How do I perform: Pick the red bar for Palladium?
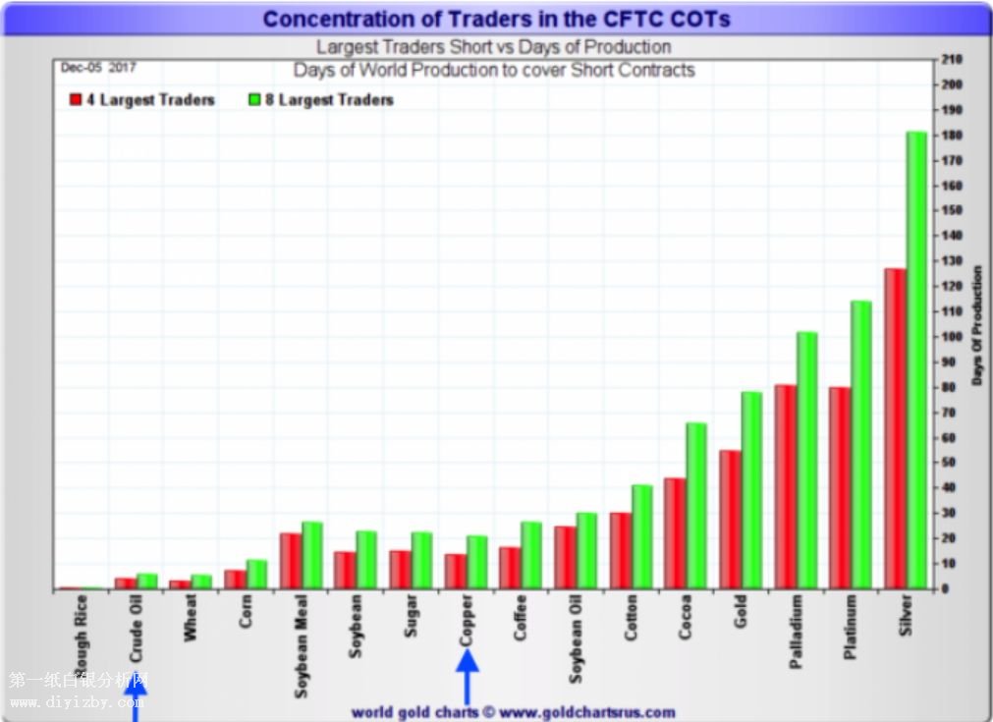coord(785,486)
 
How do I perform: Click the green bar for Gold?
coord(751,490)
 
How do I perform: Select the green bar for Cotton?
coord(641,536)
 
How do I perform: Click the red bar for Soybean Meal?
coord(290,561)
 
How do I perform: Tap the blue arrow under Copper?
coord(468,677)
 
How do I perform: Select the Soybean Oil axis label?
coord(576,639)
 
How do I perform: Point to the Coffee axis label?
coord(521,618)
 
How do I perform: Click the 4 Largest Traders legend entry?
coord(142,100)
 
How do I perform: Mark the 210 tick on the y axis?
coord(951,60)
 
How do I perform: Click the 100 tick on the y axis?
coord(951,337)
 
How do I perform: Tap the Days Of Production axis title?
coord(977,325)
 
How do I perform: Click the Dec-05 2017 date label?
coord(98,68)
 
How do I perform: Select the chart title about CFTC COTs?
coord(496,19)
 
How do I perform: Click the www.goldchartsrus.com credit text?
coord(513,712)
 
